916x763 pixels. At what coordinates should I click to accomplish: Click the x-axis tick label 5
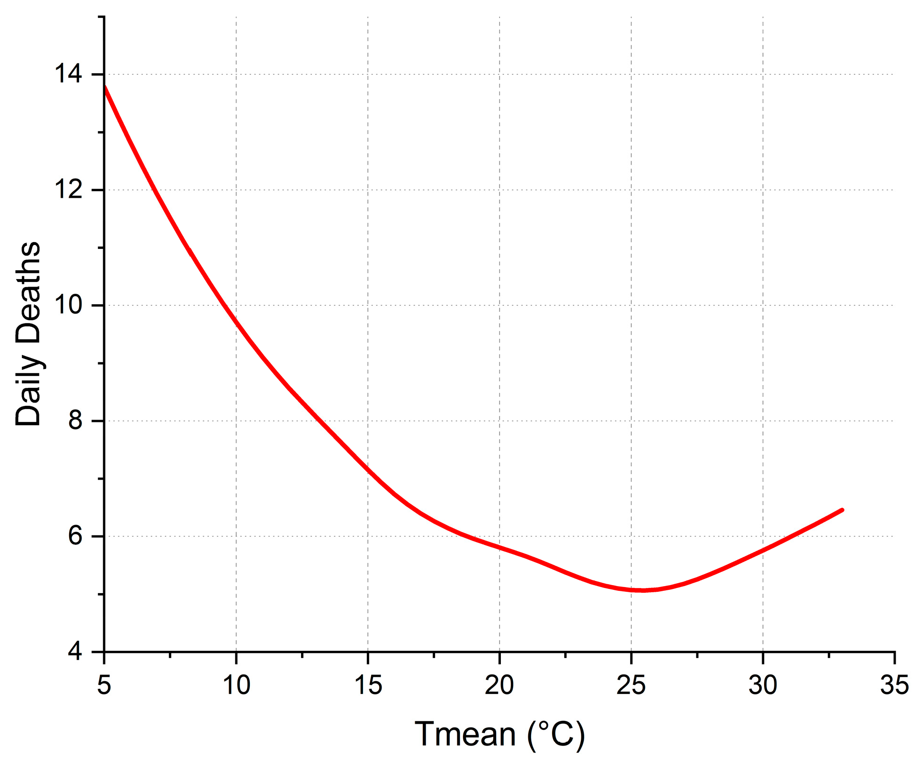104,685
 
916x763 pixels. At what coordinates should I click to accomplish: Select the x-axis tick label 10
236,685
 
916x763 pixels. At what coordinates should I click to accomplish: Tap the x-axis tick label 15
368,685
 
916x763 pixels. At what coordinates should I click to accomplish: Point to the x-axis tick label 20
499,685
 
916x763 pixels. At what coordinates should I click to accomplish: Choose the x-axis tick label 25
631,685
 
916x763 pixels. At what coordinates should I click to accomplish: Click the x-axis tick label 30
763,685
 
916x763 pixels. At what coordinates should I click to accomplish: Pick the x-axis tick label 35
894,685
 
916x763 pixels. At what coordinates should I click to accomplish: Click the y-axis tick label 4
75,652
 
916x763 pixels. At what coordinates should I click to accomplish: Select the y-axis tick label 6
75,536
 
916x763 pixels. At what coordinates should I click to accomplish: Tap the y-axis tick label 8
75,421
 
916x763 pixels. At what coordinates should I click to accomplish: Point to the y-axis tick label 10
68,305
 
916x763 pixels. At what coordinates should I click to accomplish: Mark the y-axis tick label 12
68,190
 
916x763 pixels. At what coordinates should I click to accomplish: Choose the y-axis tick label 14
68,74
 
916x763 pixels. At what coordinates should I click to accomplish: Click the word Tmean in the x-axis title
465,735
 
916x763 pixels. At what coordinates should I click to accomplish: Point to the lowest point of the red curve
643,590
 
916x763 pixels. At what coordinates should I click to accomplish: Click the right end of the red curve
842,510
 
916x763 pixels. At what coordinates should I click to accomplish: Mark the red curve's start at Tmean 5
105,87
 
